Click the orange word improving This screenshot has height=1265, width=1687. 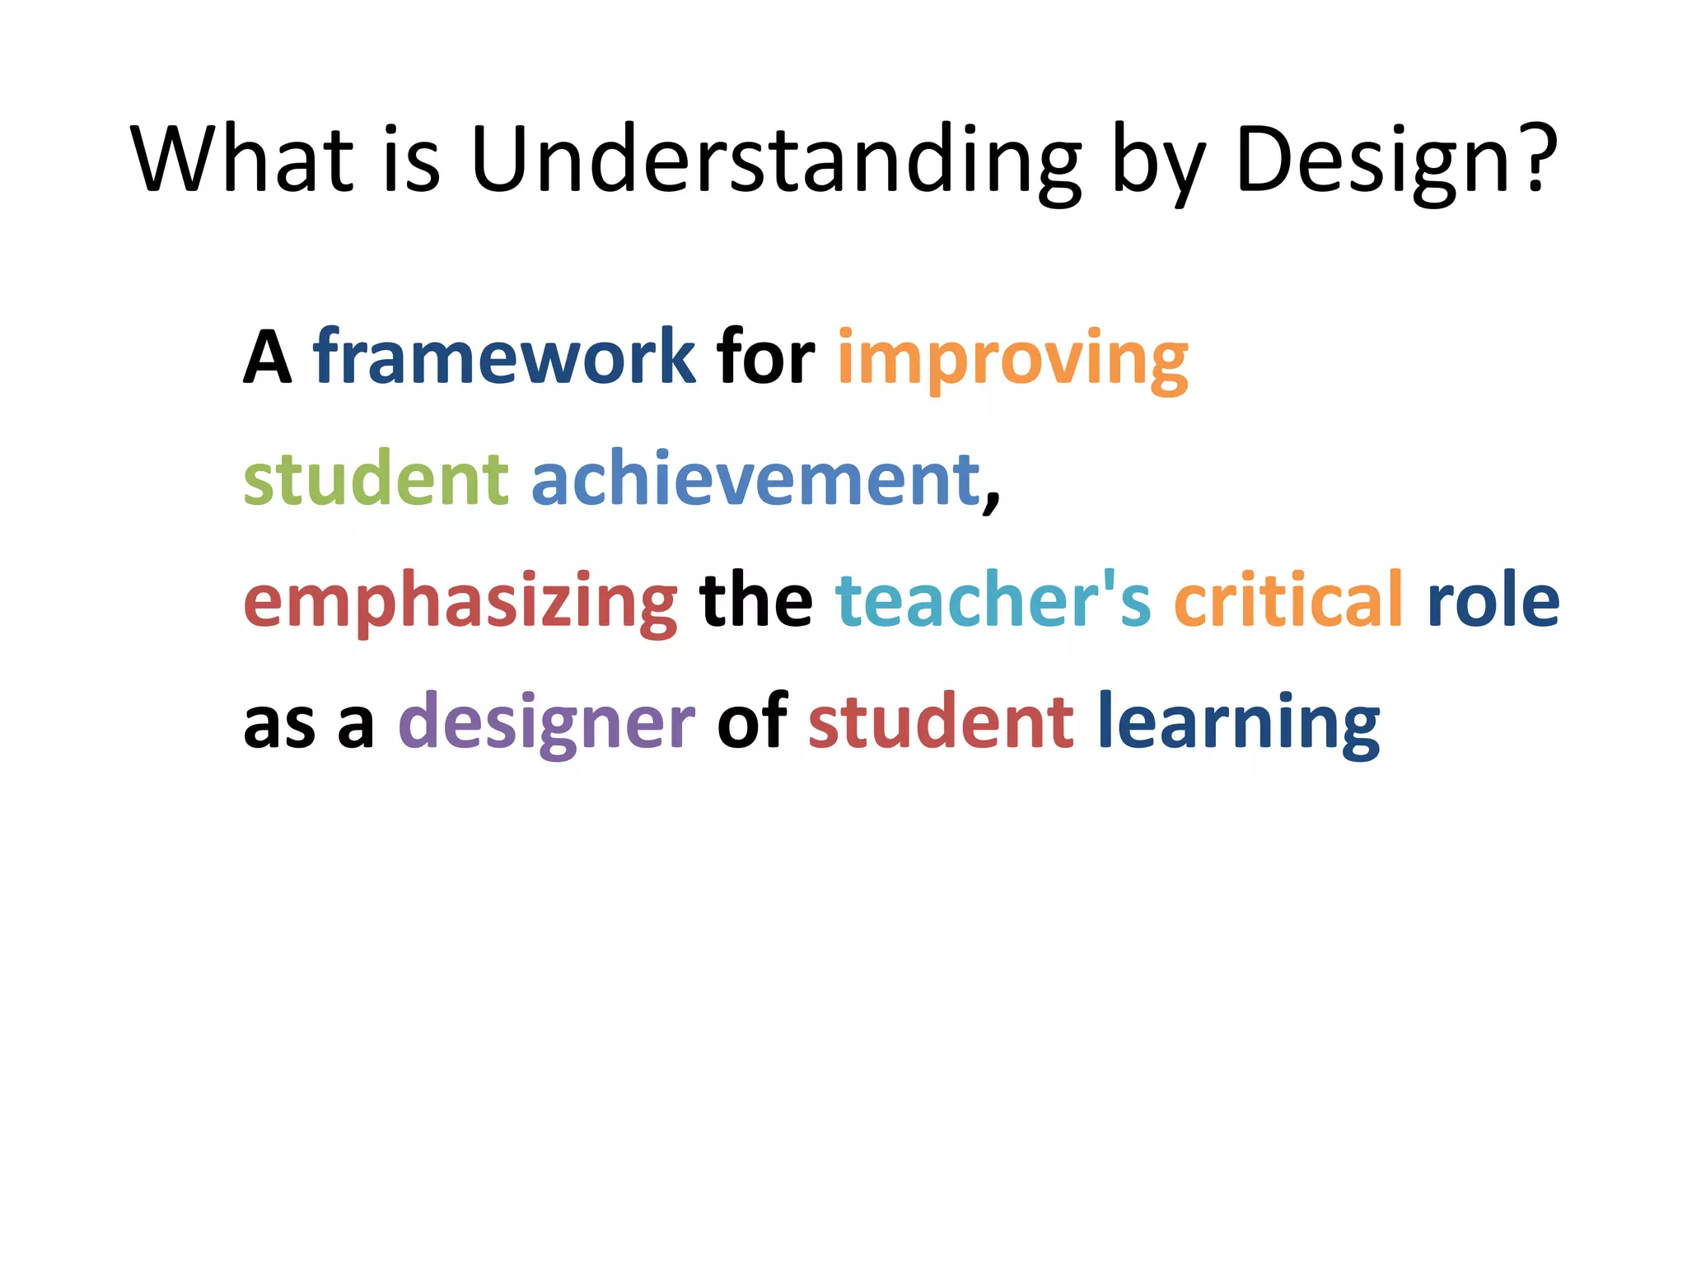[1012, 359]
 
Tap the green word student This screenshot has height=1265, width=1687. [376, 479]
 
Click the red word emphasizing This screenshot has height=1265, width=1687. [460, 601]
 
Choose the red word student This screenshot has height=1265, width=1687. [941, 721]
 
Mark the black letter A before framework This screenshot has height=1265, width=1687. [268, 357]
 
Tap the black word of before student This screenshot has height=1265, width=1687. [751, 721]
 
